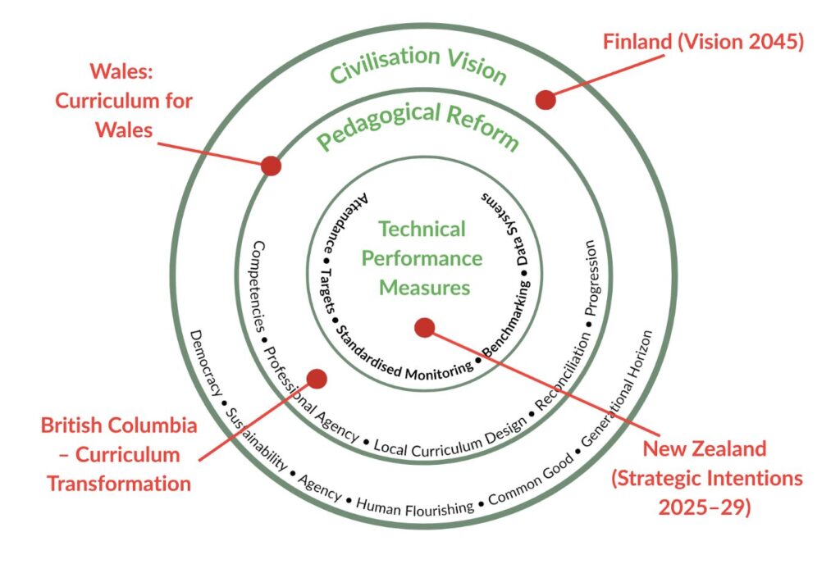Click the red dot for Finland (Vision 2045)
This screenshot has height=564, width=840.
pyautogui.click(x=546, y=100)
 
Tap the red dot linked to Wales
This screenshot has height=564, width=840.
pyautogui.click(x=272, y=166)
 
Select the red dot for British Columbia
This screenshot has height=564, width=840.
pyautogui.click(x=317, y=379)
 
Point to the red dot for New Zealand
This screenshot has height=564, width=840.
pyautogui.click(x=424, y=328)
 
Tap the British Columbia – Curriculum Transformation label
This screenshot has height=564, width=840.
pyautogui.click(x=119, y=454)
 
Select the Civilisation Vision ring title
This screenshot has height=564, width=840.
pyautogui.click(x=418, y=66)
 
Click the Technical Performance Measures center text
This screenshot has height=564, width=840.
pyautogui.click(x=422, y=258)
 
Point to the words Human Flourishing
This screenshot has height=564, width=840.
pyautogui.click(x=415, y=506)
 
